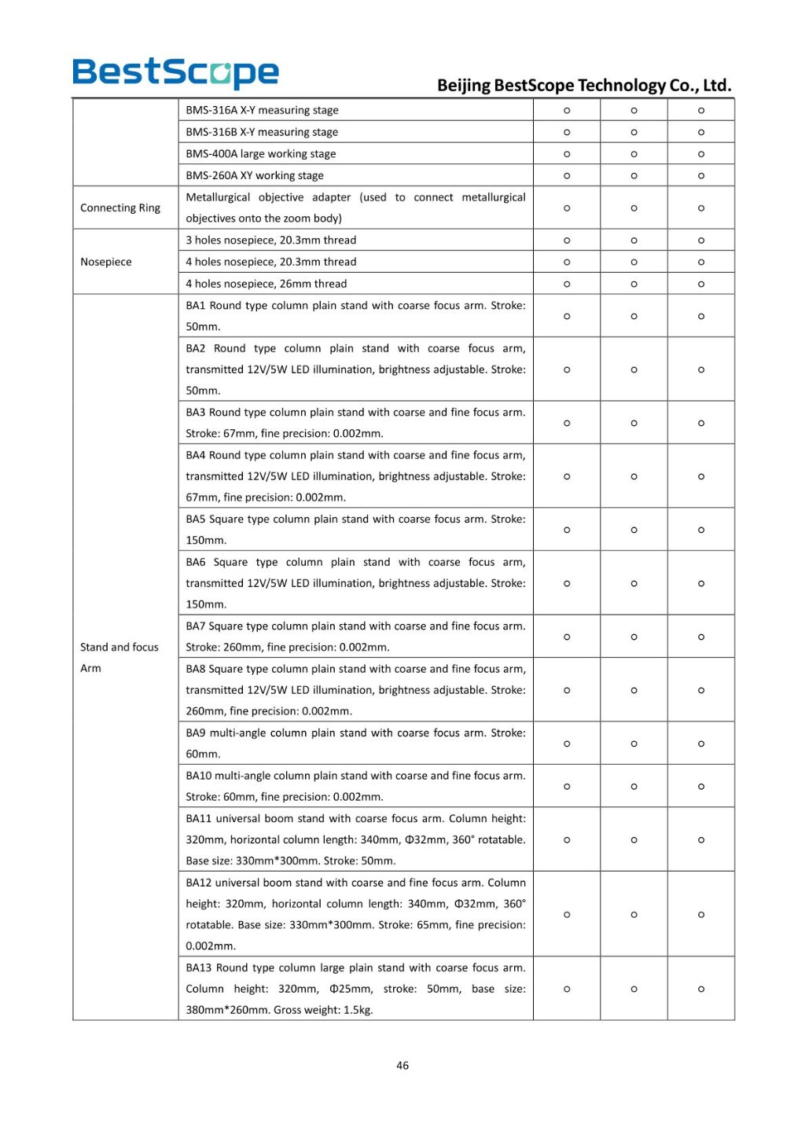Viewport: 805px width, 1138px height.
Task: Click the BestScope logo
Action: [175, 73]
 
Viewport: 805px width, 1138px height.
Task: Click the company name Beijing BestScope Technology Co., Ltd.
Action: [583, 85]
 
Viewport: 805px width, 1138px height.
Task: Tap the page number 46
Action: [402, 1066]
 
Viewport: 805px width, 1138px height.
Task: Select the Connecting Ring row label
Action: [120, 207]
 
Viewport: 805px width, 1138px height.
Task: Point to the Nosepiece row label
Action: [106, 262]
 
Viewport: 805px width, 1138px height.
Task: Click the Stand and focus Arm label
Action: [119, 657]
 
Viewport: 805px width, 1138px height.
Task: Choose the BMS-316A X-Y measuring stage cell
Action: [262, 110]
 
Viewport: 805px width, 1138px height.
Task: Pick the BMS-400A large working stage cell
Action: [260, 154]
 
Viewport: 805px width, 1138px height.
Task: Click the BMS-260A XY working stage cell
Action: [255, 175]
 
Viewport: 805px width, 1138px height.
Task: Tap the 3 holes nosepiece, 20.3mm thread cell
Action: [270, 240]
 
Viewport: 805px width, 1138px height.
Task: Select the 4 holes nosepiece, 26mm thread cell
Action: [266, 284]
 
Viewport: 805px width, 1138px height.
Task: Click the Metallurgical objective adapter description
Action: [355, 207]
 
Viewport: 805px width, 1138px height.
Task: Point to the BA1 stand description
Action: [355, 316]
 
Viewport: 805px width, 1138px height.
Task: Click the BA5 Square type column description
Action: [355, 530]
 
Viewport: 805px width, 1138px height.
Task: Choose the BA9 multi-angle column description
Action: [355, 743]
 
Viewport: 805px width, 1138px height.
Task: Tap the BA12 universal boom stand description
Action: [355, 914]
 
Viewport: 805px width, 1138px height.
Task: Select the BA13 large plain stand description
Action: [355, 989]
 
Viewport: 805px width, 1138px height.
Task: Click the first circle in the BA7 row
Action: [567, 637]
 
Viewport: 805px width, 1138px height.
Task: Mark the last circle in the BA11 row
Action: [701, 840]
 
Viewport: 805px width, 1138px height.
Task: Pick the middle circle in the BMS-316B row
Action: [634, 132]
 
